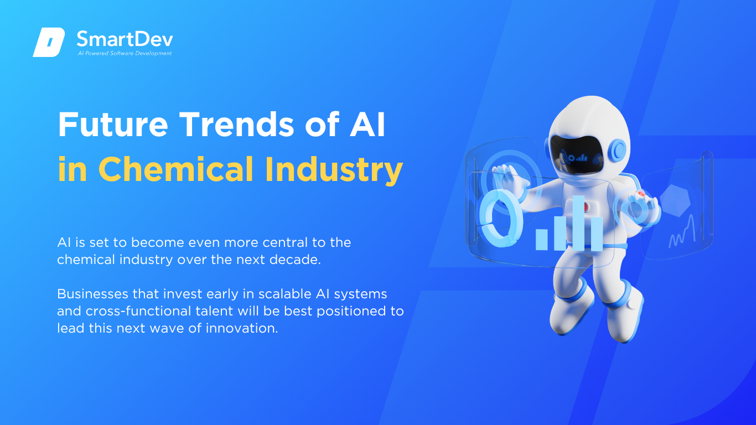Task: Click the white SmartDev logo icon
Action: [x=49, y=42]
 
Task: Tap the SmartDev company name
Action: [x=125, y=39]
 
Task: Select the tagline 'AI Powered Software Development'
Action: [x=125, y=53]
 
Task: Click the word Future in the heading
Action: [x=113, y=124]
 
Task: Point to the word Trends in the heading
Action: [x=236, y=124]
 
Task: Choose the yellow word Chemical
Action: [x=176, y=169]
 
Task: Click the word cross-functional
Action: [x=138, y=311]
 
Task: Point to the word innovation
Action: [x=242, y=329]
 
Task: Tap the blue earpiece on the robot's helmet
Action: [x=618, y=150]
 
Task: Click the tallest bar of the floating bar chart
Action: [x=578, y=223]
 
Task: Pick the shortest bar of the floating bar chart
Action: [x=542, y=240]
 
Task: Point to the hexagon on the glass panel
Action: [x=675, y=200]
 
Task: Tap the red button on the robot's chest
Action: [x=586, y=207]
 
